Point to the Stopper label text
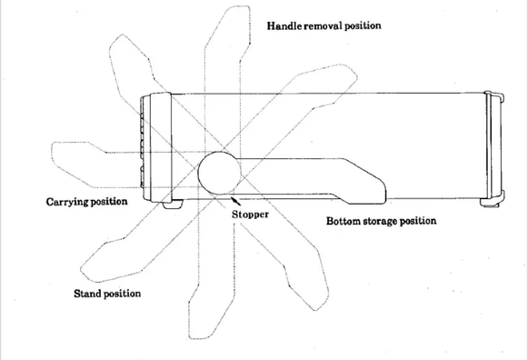pos(250,215)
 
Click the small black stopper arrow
pos(235,201)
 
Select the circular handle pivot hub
pos(219,173)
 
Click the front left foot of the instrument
pos(173,204)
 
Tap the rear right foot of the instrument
pos(491,202)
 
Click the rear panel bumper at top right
pos(494,96)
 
